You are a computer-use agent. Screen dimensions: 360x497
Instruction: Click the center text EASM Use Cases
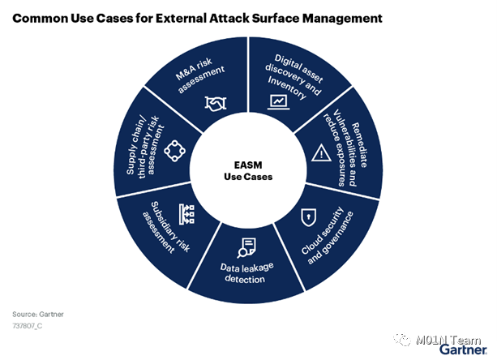(248, 171)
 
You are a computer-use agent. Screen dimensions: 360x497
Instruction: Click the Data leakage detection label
(244, 273)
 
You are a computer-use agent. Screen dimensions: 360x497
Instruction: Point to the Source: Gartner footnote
(37, 313)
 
